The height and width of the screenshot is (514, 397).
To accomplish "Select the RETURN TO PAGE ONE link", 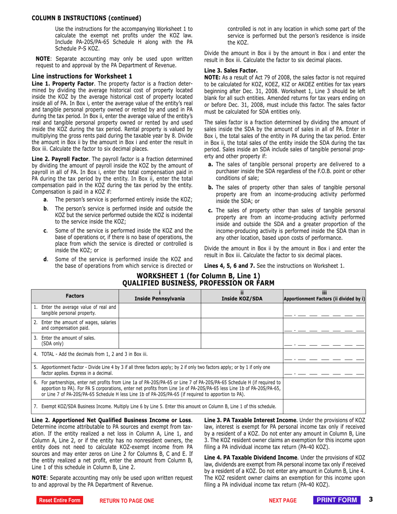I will point(126,501).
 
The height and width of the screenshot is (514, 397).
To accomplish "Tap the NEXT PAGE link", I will point(282,501).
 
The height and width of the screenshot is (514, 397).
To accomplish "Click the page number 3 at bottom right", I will point(371,500).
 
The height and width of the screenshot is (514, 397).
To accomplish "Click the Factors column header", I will point(75,296).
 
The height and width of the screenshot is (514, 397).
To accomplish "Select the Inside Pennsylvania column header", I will point(160,296).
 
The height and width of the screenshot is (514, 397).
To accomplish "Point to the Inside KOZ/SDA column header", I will point(242,296).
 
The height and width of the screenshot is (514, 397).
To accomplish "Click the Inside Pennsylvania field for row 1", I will point(160,310).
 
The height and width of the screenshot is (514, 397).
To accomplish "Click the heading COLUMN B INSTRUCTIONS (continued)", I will point(87,18).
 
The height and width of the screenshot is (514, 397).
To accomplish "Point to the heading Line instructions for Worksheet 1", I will point(82,76).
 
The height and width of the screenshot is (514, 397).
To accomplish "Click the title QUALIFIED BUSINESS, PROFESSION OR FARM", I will point(198,283).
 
